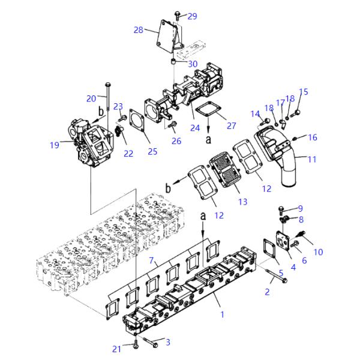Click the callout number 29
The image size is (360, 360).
click(192, 16)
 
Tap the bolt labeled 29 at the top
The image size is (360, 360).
click(177, 16)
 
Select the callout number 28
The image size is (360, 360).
click(139, 30)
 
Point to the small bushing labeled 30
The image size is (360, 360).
click(174, 61)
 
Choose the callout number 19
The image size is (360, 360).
click(55, 145)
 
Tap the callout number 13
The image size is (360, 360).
click(242, 202)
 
